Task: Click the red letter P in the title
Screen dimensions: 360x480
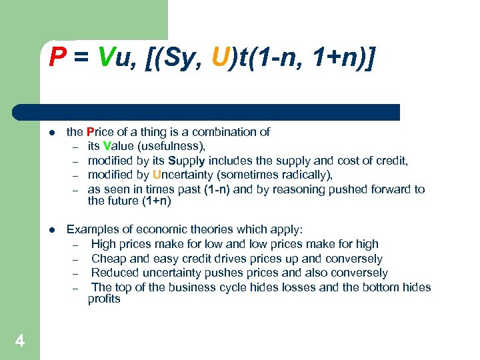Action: (x=57, y=60)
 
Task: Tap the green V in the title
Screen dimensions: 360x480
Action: (x=105, y=60)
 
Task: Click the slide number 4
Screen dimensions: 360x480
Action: (x=20, y=341)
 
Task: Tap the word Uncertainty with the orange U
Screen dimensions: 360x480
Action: (x=182, y=175)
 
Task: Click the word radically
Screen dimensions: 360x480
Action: (x=304, y=175)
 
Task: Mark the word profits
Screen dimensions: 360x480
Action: (x=104, y=299)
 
